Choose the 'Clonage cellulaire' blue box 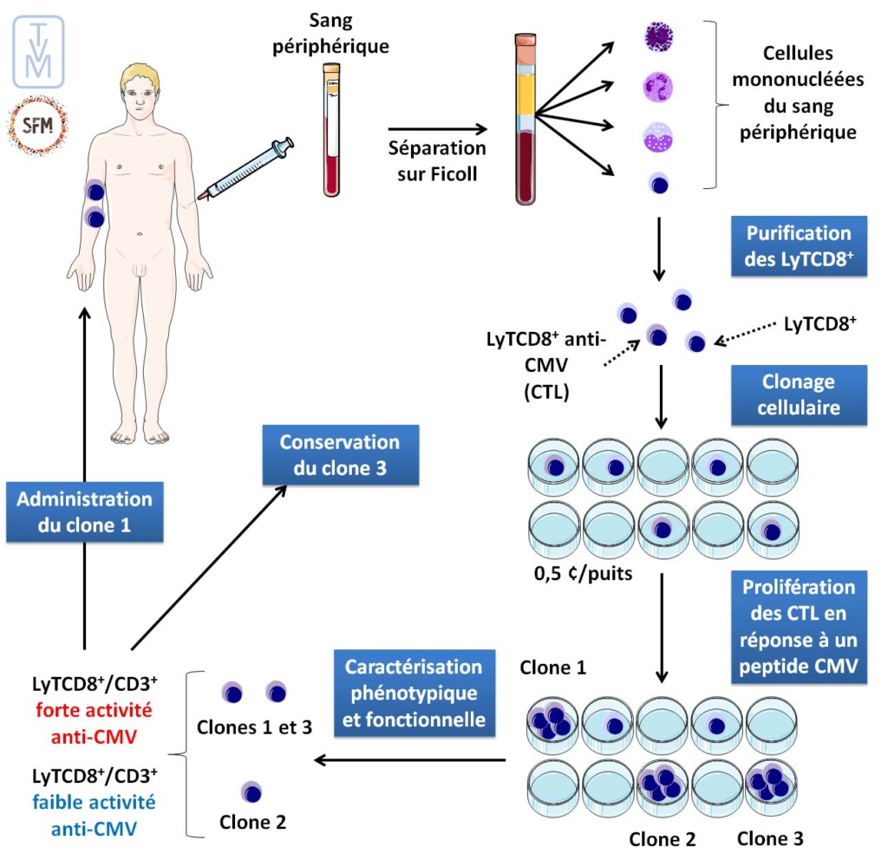click(x=799, y=394)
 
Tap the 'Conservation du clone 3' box click(x=339, y=454)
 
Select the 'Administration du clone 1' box click(x=84, y=511)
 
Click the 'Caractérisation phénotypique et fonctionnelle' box click(x=413, y=693)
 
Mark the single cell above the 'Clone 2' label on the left click(x=252, y=791)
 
